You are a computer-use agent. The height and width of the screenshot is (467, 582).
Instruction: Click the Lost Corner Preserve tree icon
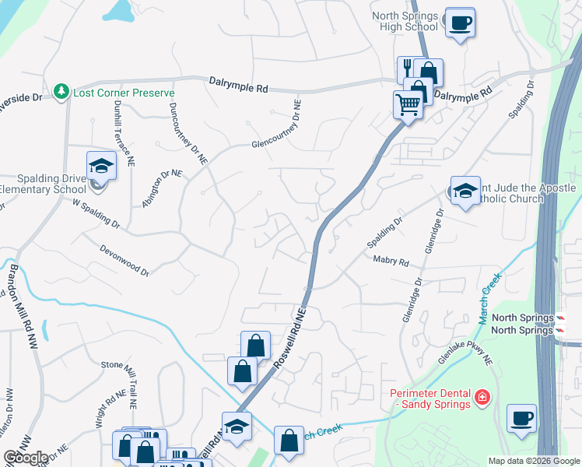click(61, 93)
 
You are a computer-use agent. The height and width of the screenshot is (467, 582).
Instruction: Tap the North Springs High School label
click(405, 21)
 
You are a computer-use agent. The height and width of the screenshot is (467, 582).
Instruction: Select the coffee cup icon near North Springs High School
click(460, 23)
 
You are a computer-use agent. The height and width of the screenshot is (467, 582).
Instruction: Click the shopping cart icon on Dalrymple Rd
click(408, 103)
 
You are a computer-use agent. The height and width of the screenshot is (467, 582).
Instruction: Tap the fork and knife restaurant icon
click(408, 70)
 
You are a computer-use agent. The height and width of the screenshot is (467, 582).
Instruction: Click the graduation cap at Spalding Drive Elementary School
click(100, 166)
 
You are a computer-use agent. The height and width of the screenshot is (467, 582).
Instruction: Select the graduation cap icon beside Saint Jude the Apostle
click(465, 191)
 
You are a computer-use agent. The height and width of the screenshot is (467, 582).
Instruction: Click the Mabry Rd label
click(391, 262)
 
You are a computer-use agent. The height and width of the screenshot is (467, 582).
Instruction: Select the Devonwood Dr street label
click(124, 260)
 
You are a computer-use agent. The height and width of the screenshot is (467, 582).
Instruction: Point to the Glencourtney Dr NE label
click(276, 134)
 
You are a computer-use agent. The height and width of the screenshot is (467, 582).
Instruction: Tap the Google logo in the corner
click(26, 458)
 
